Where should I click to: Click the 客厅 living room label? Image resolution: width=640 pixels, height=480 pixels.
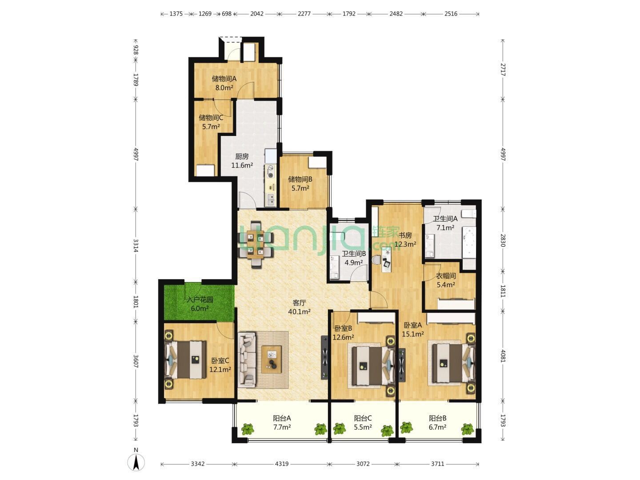(x=299, y=303)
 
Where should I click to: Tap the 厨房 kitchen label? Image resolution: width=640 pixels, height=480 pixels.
(x=241, y=156)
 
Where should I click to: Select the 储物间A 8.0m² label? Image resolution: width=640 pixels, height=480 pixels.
(x=224, y=83)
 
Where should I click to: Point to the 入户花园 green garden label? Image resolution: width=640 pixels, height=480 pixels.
(x=200, y=299)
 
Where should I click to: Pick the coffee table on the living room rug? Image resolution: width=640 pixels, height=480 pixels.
(x=271, y=360)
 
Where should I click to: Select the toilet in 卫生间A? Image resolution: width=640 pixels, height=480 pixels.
(x=470, y=213)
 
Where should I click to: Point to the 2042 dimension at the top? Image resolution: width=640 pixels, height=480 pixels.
(x=256, y=14)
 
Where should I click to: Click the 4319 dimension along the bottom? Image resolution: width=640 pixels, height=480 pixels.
(x=281, y=464)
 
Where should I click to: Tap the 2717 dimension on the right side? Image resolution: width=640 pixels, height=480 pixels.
(x=503, y=70)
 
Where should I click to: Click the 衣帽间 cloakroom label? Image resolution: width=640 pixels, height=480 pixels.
(x=445, y=276)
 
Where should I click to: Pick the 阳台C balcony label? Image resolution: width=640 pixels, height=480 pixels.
(x=363, y=419)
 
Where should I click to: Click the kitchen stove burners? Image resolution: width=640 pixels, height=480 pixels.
(x=271, y=172)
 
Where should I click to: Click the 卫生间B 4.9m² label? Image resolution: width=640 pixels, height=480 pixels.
(x=354, y=258)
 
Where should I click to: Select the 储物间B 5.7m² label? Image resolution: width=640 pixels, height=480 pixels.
(x=300, y=184)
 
